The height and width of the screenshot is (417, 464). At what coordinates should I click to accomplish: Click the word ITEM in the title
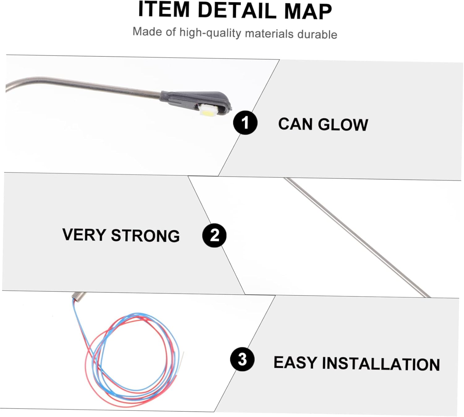[x=164, y=10]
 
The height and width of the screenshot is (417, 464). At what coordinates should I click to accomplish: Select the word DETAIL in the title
[x=237, y=11]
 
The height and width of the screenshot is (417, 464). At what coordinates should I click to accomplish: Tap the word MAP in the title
[x=308, y=12]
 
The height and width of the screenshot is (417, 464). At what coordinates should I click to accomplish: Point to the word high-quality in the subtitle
[x=210, y=32]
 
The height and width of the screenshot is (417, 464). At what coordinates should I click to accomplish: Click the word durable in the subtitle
[x=317, y=34]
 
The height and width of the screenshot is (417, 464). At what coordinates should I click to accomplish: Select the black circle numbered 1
[x=245, y=123]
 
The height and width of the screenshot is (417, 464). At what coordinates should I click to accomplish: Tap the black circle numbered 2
[x=214, y=235]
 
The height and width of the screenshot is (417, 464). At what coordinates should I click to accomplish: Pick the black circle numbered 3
[x=242, y=359]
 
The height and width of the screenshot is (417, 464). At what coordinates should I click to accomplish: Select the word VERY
[x=84, y=235]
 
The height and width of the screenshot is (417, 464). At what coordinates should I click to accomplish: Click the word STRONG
[x=145, y=236]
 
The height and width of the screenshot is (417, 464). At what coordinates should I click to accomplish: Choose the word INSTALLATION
[x=381, y=364]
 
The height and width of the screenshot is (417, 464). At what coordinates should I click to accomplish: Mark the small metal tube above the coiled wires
[x=79, y=296]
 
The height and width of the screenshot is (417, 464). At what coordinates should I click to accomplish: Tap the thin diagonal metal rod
[x=356, y=236]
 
